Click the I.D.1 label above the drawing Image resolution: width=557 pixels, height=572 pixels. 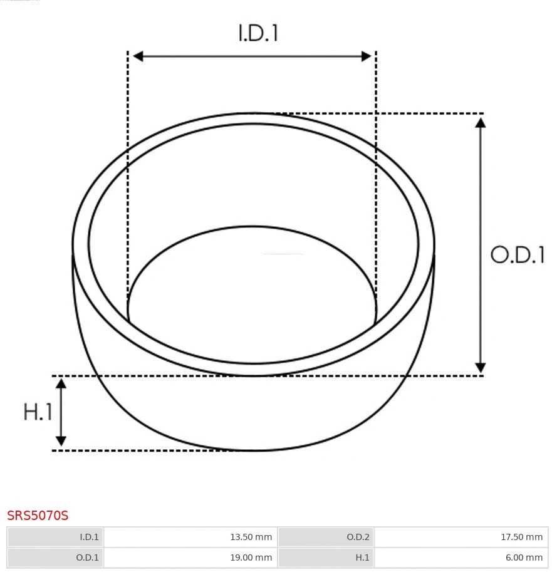(258, 33)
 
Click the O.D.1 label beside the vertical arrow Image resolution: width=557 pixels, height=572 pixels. (518, 255)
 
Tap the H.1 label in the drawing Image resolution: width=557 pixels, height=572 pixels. (38, 412)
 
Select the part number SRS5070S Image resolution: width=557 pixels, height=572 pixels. (38, 516)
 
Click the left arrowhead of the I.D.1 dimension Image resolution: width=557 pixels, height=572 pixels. (138, 56)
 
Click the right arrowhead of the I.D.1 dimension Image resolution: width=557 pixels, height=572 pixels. (367, 56)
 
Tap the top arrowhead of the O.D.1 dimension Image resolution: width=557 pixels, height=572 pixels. (481, 122)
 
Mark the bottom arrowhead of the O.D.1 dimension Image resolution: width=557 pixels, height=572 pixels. (481, 368)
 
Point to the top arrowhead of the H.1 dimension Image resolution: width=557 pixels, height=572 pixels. (61, 384)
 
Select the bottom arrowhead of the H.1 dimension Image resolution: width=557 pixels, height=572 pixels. (61, 441)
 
